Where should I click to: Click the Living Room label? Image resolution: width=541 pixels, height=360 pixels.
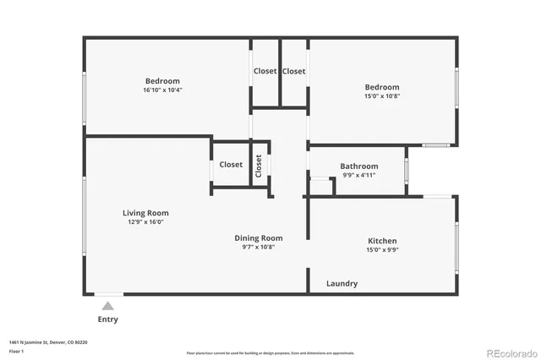coord(146,213)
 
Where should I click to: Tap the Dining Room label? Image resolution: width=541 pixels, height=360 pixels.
coord(259,238)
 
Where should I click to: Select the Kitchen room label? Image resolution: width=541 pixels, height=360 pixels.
coord(382,241)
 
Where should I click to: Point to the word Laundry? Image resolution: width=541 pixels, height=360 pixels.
coord(342,284)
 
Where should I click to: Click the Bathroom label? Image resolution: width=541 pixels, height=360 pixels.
coord(358,166)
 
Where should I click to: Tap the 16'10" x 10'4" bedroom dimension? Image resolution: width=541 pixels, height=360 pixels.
coord(163,90)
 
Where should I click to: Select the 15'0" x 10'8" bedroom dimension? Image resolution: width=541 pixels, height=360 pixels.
coord(382,95)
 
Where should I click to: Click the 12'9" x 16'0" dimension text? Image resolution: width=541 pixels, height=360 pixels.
coord(146,222)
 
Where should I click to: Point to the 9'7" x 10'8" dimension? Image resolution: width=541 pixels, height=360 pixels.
coord(259,247)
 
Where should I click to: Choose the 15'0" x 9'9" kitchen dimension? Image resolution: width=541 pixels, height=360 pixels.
coord(382,250)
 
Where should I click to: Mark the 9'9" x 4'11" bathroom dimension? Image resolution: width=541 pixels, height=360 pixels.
coord(358,175)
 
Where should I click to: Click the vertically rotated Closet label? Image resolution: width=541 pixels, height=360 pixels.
coord(259,165)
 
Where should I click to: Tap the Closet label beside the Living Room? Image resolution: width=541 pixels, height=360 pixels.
coord(231,165)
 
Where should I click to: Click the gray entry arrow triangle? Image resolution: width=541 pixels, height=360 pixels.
coord(107,306)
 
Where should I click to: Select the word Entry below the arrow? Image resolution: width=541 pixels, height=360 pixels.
coord(108,319)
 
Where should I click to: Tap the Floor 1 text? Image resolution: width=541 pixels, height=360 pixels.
coord(16,350)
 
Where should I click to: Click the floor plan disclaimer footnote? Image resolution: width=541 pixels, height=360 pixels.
coord(270,352)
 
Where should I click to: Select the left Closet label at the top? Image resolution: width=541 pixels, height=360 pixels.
coord(265,71)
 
